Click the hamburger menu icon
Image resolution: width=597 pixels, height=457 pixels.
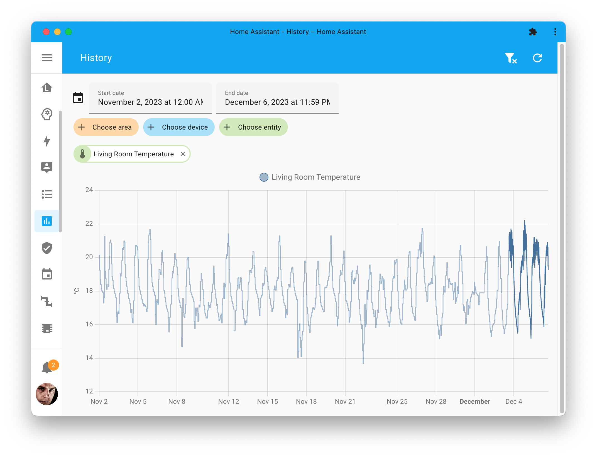tap(47, 58)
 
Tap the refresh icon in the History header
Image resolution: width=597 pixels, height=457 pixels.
tap(537, 58)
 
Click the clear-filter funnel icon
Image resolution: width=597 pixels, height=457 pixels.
tap(511, 58)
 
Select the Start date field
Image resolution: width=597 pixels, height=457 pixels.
tap(150, 98)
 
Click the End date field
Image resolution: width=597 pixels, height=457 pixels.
tap(277, 98)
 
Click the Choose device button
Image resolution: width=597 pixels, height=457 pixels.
tap(179, 127)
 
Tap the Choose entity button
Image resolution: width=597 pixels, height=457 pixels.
tap(253, 127)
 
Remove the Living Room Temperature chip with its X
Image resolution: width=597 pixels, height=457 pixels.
tap(183, 154)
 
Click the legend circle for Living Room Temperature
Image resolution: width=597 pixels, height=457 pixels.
tap(264, 177)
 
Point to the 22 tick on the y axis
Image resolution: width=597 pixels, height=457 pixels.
tap(89, 223)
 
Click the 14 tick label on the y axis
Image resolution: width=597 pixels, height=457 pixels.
tap(89, 358)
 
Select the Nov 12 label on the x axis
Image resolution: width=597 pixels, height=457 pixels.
tap(228, 402)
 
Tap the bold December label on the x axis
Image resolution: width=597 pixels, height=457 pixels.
tap(474, 402)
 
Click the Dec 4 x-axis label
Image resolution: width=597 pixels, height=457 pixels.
tap(513, 402)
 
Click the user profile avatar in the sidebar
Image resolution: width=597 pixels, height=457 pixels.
tap(47, 394)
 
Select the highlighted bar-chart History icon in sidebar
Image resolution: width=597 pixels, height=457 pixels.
tap(47, 221)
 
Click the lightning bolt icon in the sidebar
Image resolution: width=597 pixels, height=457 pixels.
tap(47, 140)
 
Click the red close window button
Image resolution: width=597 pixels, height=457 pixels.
tap(46, 32)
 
